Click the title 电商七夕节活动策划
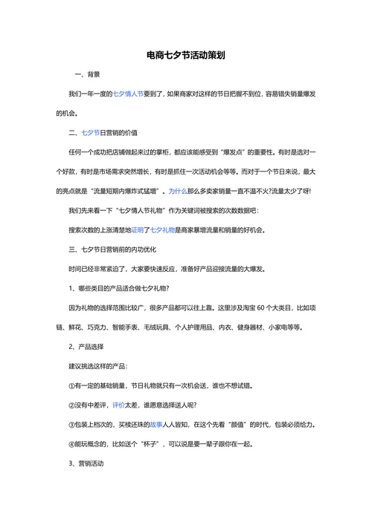click(186, 55)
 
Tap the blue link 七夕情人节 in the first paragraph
click(128, 94)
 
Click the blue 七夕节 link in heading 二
click(89, 133)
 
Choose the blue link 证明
click(140, 229)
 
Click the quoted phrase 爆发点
click(237, 152)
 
